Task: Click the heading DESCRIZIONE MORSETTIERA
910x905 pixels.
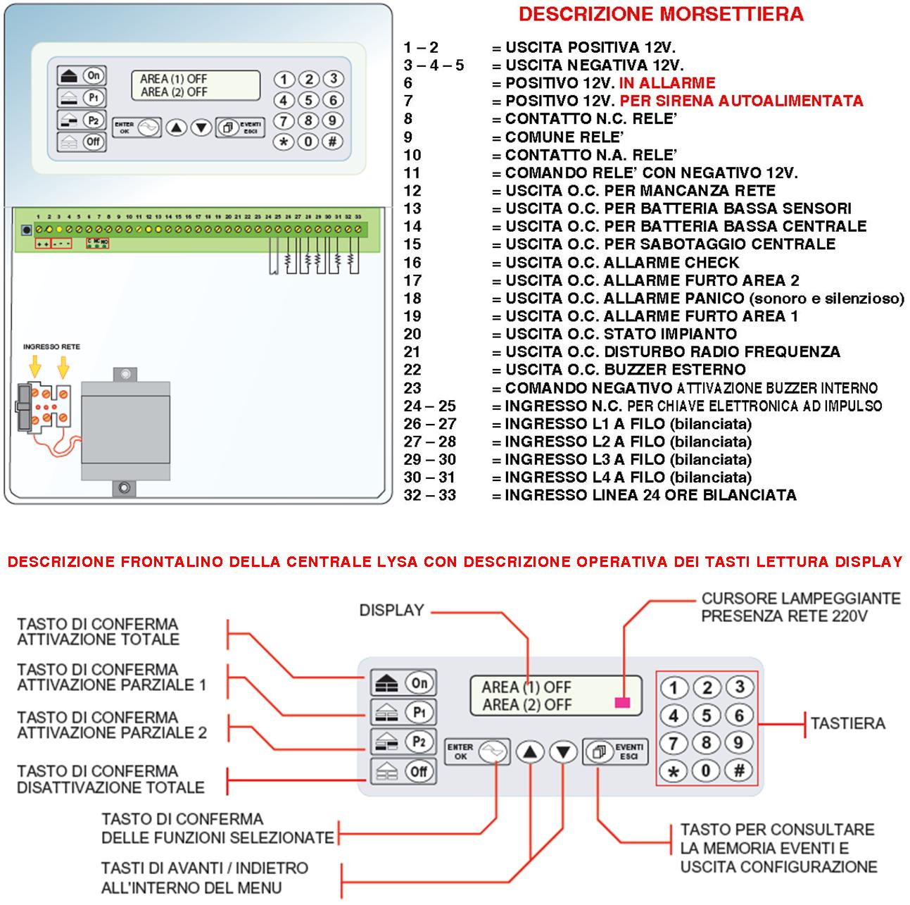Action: click(661, 14)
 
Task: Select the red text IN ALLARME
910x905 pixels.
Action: click(666, 83)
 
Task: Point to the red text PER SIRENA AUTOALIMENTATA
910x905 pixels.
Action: click(741, 101)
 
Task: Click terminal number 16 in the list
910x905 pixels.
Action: click(412, 263)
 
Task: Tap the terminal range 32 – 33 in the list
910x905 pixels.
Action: click(429, 495)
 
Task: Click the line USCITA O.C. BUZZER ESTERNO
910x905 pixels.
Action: click(625, 370)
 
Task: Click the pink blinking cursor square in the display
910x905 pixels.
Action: click(622, 702)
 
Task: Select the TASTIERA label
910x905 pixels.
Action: click(847, 723)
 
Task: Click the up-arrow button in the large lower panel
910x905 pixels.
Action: click(530, 752)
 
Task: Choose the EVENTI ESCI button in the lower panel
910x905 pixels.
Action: click(614, 752)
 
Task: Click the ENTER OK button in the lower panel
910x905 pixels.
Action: click(477, 752)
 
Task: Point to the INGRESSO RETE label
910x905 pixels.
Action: click(51, 347)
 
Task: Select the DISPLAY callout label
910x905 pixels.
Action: click(391, 611)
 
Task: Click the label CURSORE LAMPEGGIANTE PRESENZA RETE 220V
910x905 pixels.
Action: click(800, 607)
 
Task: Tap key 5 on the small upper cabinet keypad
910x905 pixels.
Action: click(308, 100)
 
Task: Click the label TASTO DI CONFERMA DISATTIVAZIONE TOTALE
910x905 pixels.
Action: click(110, 779)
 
